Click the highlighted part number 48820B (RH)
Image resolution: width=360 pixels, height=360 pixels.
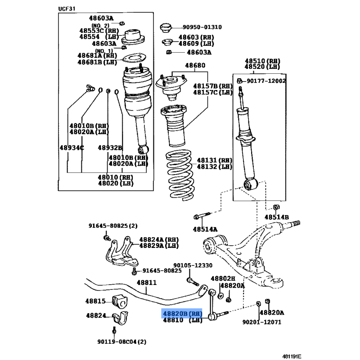point(183,313)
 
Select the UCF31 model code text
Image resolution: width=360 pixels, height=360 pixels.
point(67,9)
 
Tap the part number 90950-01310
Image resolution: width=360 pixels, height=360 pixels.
point(202,27)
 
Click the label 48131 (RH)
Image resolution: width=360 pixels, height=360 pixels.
point(214,160)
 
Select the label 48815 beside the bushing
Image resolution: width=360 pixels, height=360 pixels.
point(95,301)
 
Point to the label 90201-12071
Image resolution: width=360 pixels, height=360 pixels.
point(261,322)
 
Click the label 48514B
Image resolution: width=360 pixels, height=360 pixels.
point(276,217)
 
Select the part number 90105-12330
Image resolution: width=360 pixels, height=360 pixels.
point(193,266)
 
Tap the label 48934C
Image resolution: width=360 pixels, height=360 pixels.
point(72,148)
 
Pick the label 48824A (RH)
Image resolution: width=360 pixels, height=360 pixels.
point(157,239)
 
